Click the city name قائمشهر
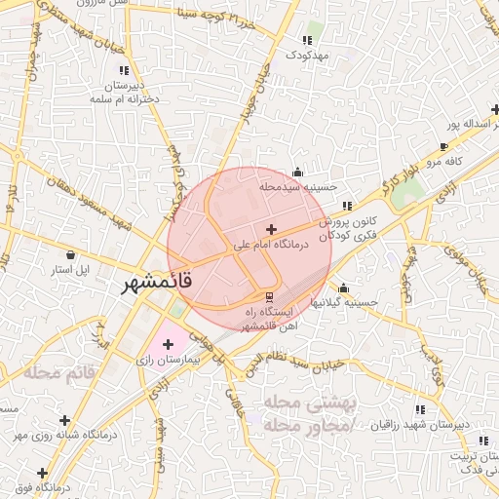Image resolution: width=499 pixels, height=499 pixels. pyautogui.click(x=158, y=284)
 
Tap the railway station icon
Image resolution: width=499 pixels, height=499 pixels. pyautogui.click(x=270, y=296)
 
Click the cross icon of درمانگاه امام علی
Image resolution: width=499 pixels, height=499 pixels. pyautogui.click(x=270, y=229)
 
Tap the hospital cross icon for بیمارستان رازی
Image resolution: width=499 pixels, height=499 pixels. pyautogui.click(x=168, y=343)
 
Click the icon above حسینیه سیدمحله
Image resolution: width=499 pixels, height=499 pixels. pyautogui.click(x=297, y=172)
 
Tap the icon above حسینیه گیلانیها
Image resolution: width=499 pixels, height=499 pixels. pyautogui.click(x=343, y=288)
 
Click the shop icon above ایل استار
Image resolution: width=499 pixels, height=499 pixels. pyautogui.click(x=70, y=254)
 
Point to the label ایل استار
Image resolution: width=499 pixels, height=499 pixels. pyautogui.click(x=70, y=269)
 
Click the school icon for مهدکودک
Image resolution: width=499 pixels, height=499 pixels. pyautogui.click(x=307, y=41)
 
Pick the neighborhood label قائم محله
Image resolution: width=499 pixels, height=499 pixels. pyautogui.click(x=61, y=372)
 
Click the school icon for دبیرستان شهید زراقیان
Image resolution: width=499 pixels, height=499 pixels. pyautogui.click(x=420, y=410)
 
